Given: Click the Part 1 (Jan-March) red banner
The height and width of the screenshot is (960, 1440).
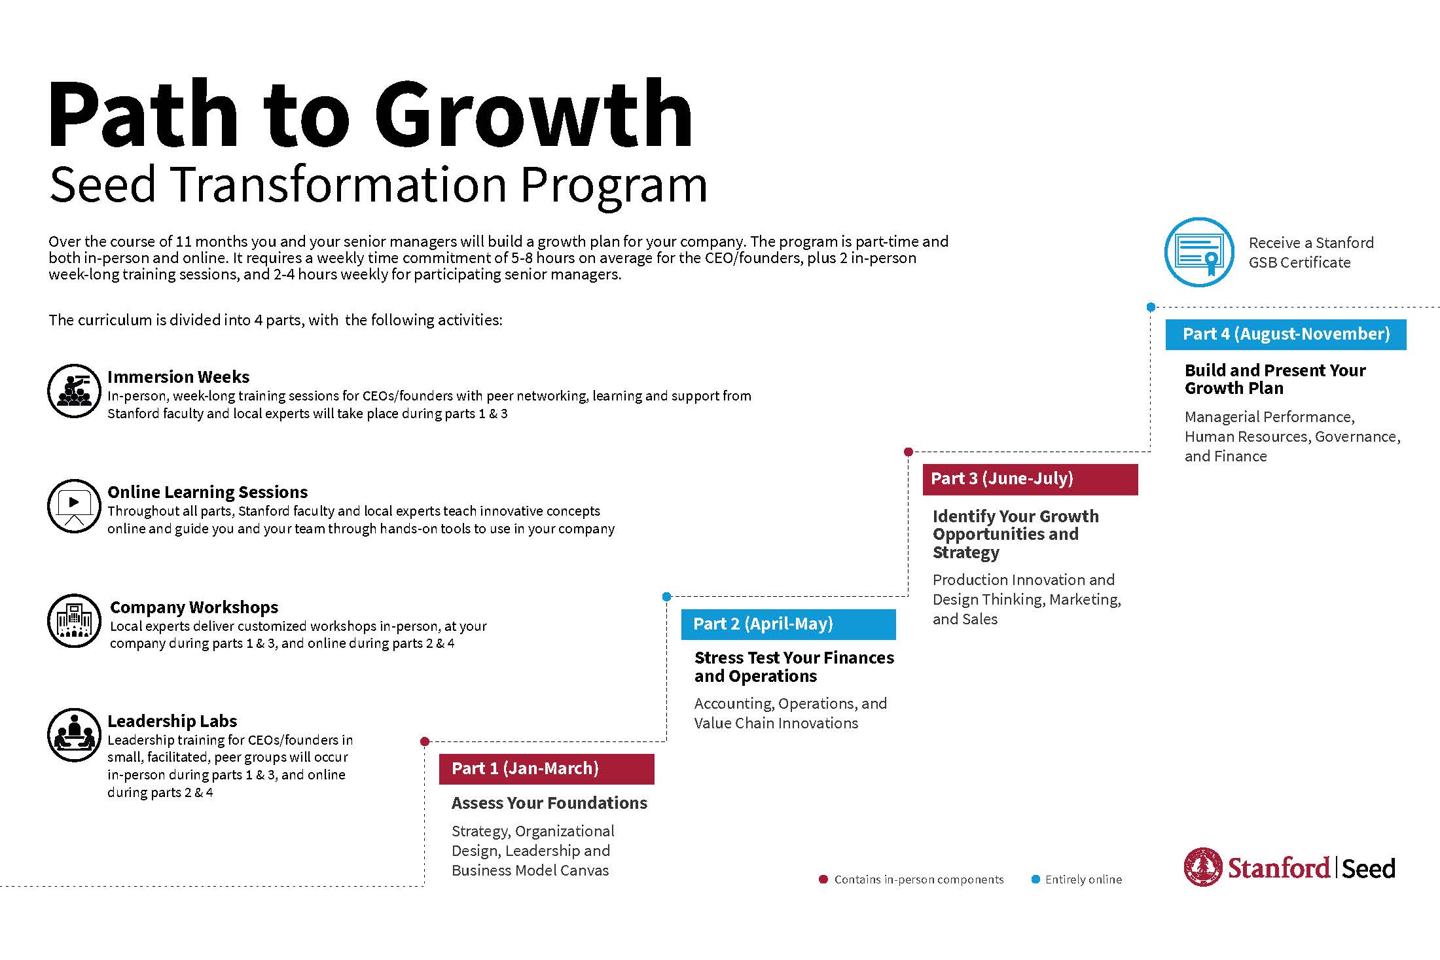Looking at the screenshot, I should [547, 769].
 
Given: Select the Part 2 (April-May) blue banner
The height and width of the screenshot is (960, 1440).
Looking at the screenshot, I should [788, 624].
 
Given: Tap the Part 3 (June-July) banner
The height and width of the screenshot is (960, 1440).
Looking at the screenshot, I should [1030, 479].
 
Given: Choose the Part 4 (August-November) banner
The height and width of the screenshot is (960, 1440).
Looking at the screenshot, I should [1286, 334].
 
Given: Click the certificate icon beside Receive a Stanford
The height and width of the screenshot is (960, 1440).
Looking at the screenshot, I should [1198, 252].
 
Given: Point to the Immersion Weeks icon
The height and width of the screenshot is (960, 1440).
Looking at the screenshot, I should [74, 391].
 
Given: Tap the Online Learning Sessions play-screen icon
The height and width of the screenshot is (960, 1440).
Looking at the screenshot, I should [74, 506].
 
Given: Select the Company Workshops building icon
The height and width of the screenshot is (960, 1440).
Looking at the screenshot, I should [74, 620].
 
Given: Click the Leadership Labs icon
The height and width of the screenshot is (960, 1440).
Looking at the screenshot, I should [74, 735].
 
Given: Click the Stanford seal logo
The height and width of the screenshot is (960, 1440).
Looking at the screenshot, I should [1203, 867].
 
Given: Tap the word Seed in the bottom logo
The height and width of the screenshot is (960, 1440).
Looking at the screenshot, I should [1368, 869].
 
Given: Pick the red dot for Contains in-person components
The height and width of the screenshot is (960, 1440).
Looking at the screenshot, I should [823, 880].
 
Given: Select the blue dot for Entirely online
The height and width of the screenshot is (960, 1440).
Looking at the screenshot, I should [1035, 880].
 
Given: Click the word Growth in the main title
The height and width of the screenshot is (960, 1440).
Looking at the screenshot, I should [533, 115].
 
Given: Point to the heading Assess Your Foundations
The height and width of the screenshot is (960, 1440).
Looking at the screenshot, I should [549, 803].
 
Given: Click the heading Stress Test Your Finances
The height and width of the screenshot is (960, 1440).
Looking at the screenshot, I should [793, 658].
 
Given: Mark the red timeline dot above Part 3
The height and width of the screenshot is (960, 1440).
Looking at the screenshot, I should [909, 452].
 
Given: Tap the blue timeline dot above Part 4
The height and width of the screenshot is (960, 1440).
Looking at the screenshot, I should [1151, 307].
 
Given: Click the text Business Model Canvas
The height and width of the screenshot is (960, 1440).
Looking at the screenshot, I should [530, 870].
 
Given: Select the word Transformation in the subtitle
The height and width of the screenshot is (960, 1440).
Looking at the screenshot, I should [340, 185].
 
